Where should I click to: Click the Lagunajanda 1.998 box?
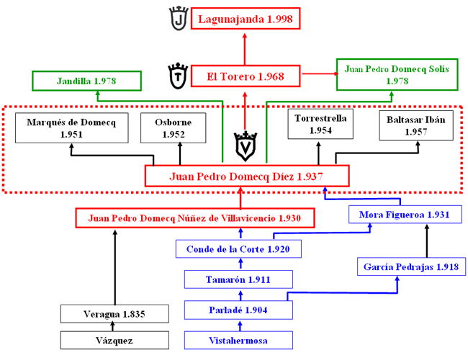[x=246, y=19]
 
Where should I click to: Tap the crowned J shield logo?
[x=179, y=18]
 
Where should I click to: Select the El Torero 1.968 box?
[x=246, y=76]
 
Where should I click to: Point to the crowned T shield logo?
[x=178, y=76]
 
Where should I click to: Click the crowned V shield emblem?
[x=246, y=146]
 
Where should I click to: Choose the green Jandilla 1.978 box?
[x=86, y=81]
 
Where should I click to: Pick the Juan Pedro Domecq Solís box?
[x=397, y=75]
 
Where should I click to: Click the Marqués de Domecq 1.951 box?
[x=71, y=127]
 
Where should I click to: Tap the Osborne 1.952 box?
[x=173, y=127]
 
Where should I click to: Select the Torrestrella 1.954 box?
[x=320, y=124]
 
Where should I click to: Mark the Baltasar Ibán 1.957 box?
[x=416, y=125]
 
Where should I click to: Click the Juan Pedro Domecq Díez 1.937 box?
[x=247, y=176]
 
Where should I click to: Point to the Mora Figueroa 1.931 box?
[x=405, y=215]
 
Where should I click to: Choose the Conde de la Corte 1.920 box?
[x=238, y=249]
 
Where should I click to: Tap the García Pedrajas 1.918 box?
[x=411, y=266]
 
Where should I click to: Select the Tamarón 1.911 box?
[x=238, y=279]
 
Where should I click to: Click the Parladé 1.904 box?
[x=238, y=310]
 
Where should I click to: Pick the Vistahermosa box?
[x=238, y=341]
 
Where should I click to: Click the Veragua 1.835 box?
[x=114, y=314]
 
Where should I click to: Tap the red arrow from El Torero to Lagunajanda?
[x=245, y=49]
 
